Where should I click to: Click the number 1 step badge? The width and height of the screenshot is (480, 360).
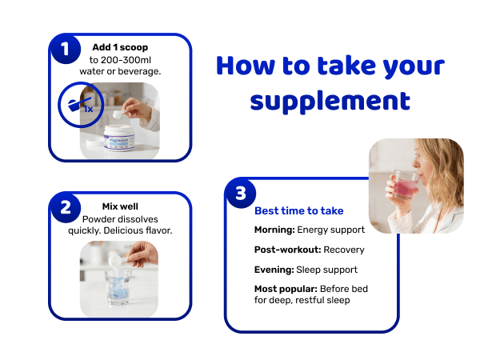click(x=66, y=49)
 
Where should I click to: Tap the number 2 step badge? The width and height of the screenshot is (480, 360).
click(x=66, y=208)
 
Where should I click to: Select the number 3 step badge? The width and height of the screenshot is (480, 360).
click(x=241, y=194)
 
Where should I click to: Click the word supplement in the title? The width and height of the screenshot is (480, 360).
click(x=330, y=102)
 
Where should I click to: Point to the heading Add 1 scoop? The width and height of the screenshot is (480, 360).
click(x=120, y=47)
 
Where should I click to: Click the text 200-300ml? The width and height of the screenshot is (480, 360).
click(x=126, y=60)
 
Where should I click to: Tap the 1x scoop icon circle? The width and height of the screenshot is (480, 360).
click(x=81, y=105)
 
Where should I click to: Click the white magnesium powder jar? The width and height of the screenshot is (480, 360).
click(x=119, y=138)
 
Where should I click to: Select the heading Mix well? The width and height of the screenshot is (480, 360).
click(x=120, y=206)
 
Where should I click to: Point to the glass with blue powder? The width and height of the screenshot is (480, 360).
click(x=118, y=287)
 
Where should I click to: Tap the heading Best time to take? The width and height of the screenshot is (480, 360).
click(x=298, y=211)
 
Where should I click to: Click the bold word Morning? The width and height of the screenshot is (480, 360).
click(x=274, y=230)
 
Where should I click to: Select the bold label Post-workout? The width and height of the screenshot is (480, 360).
click(x=287, y=250)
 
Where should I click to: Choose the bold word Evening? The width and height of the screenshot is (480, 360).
click(x=274, y=270)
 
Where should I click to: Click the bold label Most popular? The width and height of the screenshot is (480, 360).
click(x=286, y=289)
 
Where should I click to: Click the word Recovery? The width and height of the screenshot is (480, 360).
click(x=344, y=250)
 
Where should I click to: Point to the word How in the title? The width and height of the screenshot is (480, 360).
click(x=246, y=66)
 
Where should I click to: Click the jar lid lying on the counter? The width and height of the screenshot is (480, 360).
click(x=95, y=142)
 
